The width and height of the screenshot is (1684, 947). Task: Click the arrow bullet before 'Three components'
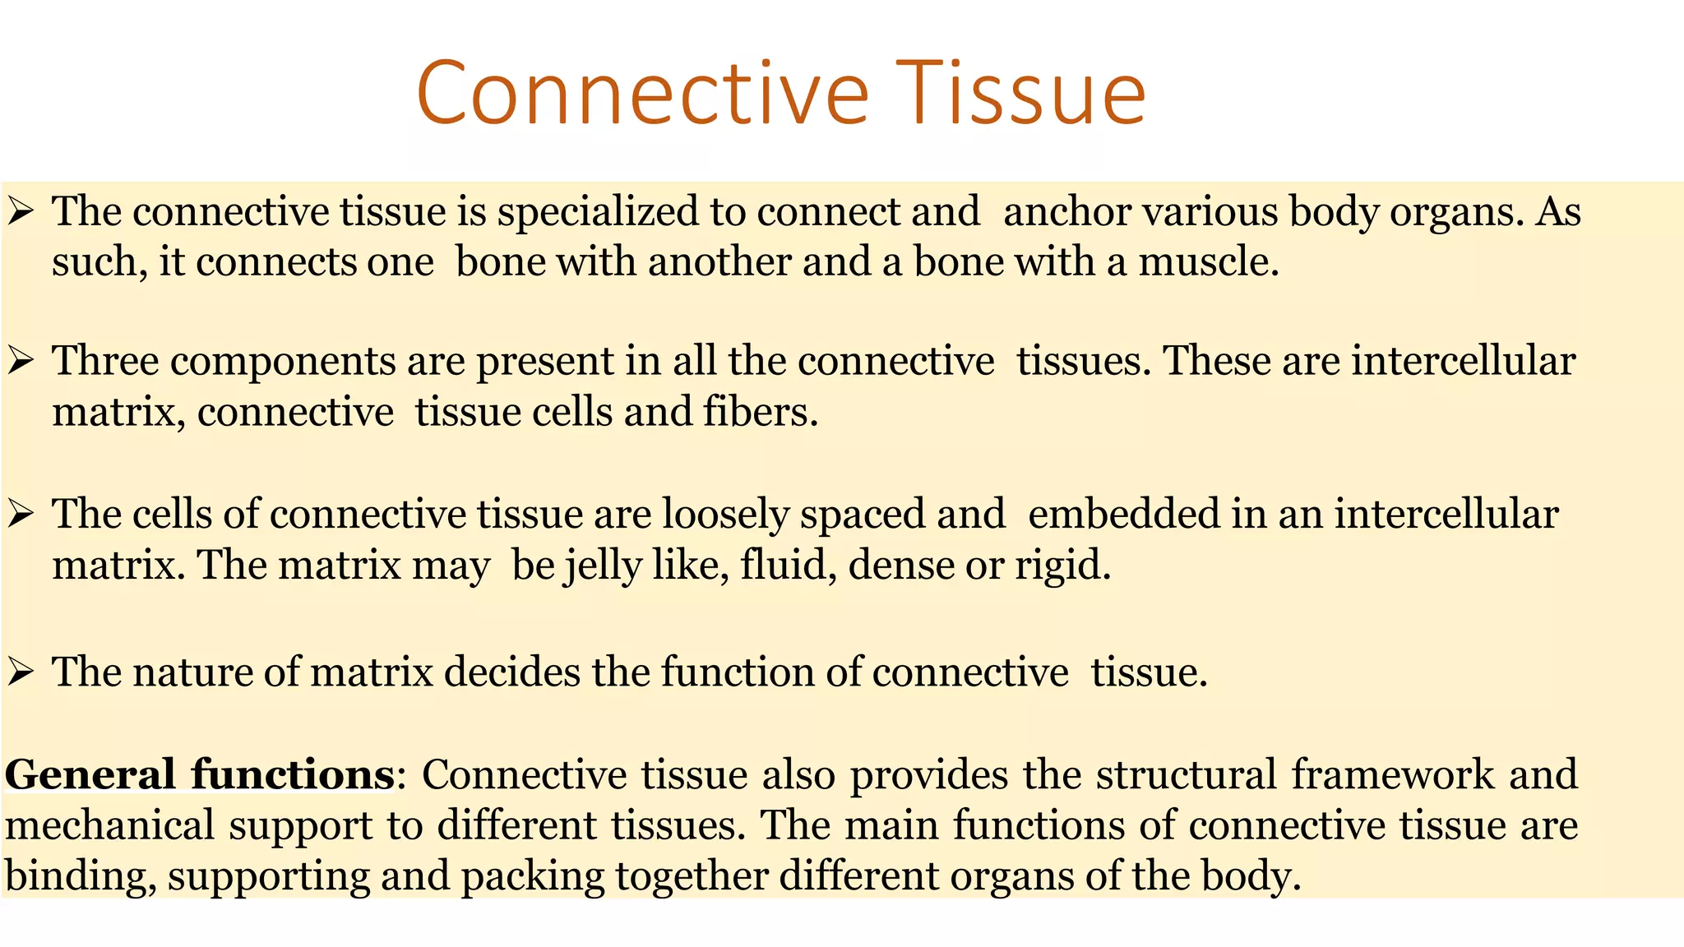click(x=20, y=362)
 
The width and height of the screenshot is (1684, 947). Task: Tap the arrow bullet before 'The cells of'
click(x=20, y=515)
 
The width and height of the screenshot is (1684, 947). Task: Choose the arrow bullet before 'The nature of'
click(x=20, y=672)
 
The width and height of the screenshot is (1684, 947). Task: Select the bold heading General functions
click(x=200, y=775)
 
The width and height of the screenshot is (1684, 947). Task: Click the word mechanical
click(x=110, y=825)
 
